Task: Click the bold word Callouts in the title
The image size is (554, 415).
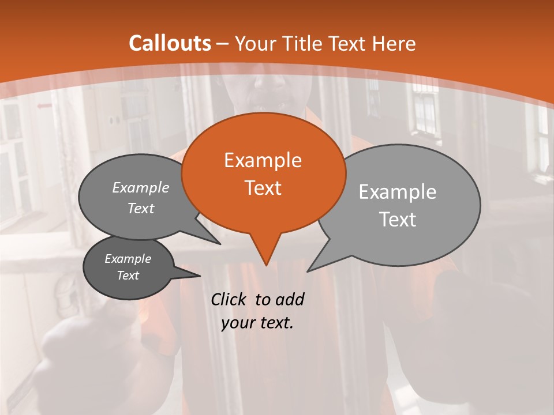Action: click(x=170, y=43)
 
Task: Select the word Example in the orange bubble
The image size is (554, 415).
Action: click(x=263, y=160)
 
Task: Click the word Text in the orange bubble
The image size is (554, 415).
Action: click(x=263, y=188)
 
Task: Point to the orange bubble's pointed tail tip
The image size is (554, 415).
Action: click(x=266, y=265)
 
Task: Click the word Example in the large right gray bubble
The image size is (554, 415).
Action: click(x=398, y=192)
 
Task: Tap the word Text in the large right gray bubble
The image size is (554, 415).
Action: click(x=398, y=220)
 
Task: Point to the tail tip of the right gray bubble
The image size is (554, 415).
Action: click(x=308, y=271)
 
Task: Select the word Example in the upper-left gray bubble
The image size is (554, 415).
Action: click(x=141, y=187)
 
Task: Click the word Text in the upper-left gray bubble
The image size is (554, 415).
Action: click(x=141, y=209)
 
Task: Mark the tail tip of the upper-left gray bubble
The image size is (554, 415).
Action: click(x=220, y=244)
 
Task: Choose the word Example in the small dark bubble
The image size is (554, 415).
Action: click(x=128, y=259)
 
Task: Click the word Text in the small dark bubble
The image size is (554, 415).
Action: click(x=128, y=276)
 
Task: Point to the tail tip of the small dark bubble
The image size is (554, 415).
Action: click(x=200, y=276)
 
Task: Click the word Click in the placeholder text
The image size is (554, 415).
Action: click(x=230, y=299)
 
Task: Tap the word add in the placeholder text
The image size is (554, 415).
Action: click(x=289, y=299)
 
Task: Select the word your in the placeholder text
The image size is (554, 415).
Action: click(x=237, y=323)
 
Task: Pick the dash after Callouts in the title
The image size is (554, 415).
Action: click(x=223, y=44)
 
